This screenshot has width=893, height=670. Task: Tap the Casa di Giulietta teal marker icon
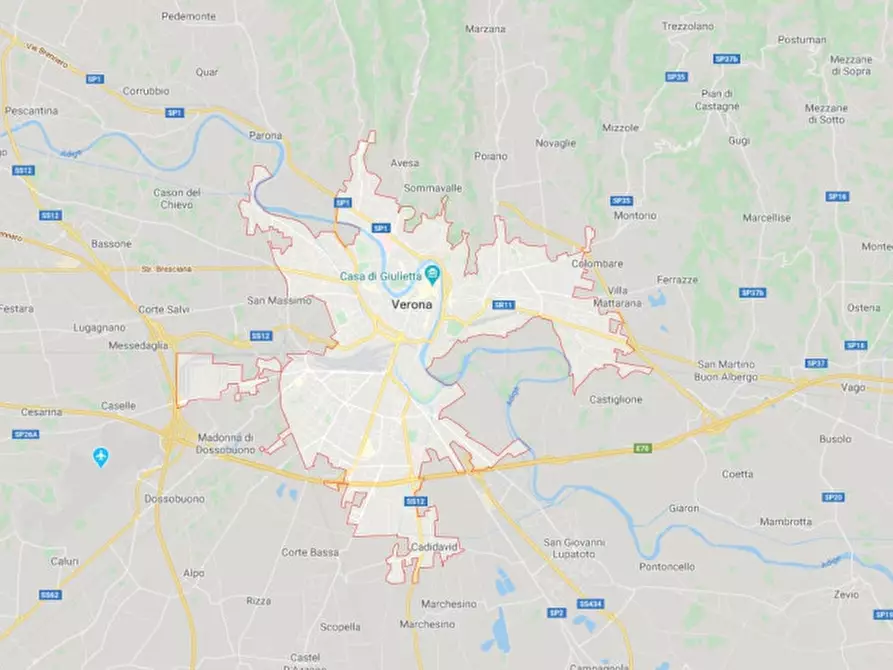(433, 273)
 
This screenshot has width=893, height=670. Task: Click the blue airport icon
(100, 457)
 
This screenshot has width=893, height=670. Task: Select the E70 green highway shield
(642, 448)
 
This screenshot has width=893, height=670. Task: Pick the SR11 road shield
(503, 305)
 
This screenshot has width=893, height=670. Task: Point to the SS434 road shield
(589, 604)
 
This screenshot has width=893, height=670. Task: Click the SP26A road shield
(26, 434)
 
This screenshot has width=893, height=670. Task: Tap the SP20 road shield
(833, 497)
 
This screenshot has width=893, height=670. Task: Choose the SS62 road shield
(50, 594)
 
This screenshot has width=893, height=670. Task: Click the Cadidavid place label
(434, 548)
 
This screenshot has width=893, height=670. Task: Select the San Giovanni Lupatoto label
(574, 547)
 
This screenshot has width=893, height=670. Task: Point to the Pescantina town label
(31, 110)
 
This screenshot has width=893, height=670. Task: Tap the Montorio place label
(635, 215)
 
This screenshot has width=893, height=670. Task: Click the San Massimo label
(279, 300)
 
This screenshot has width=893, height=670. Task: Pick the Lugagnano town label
(99, 327)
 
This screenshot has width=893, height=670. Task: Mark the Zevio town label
(845, 594)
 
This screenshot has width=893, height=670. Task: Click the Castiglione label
(615, 399)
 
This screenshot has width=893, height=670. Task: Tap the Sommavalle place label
(432, 187)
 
